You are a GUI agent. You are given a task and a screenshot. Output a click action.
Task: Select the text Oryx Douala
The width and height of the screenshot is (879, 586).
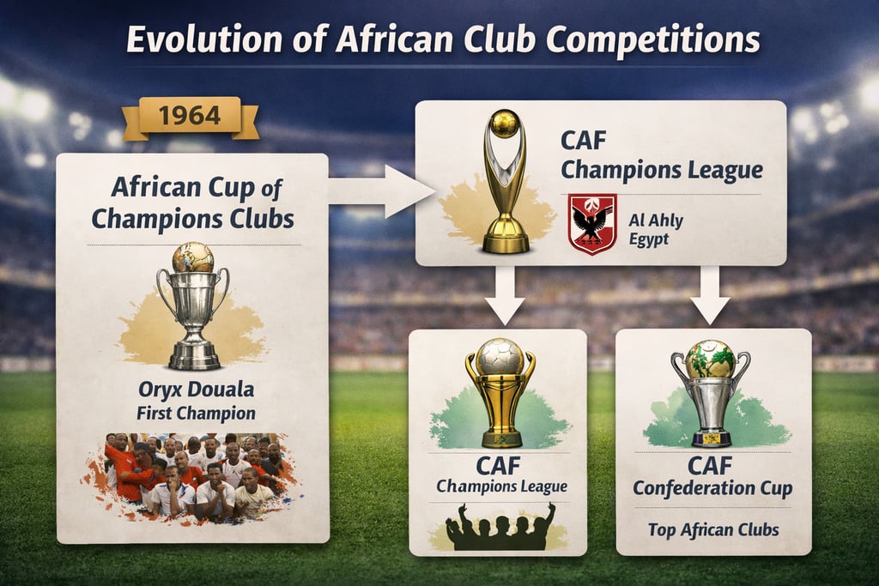(197, 390)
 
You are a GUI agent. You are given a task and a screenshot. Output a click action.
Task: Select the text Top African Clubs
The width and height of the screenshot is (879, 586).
(713, 529)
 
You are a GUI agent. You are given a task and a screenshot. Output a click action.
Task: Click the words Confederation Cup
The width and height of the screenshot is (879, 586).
(713, 488)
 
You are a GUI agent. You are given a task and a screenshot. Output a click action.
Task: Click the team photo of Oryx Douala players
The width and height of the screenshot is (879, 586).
(192, 477)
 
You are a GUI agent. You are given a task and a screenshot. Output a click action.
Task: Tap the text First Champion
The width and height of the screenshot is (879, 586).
(196, 413)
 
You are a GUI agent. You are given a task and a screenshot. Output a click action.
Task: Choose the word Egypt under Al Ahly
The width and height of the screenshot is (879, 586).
(649, 239)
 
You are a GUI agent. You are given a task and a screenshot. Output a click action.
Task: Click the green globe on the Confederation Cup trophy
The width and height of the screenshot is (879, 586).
(710, 359)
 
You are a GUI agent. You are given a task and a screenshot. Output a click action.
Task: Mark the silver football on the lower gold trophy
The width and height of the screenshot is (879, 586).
(500, 354)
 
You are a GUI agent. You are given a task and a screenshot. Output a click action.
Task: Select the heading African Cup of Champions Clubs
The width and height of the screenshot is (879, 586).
(192, 202)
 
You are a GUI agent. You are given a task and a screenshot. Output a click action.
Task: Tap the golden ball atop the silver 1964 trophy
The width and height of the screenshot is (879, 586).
(192, 257)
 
